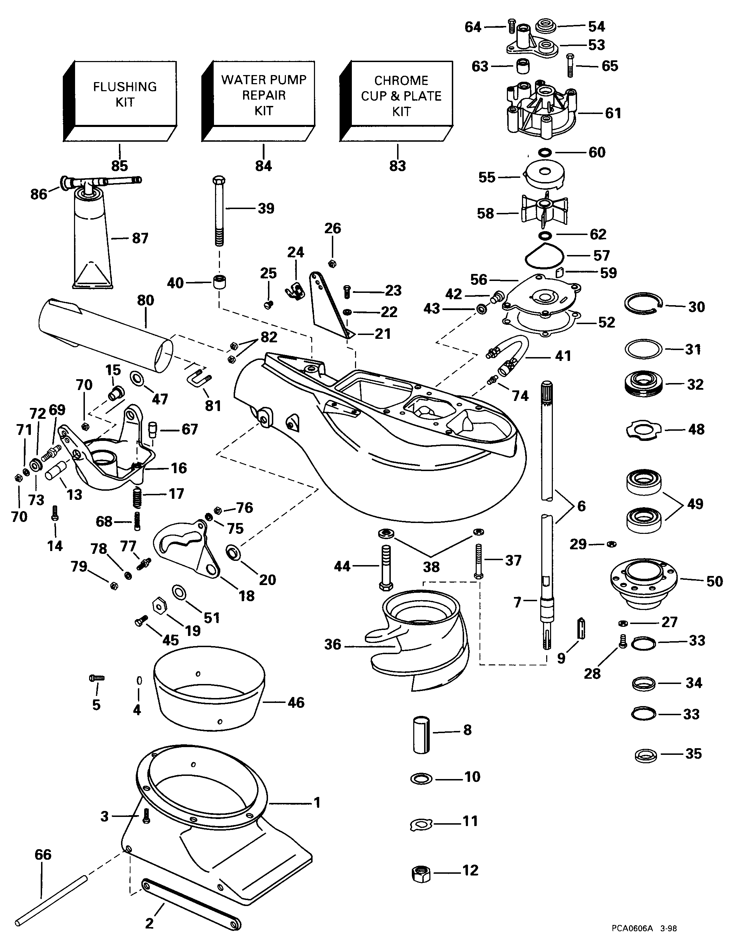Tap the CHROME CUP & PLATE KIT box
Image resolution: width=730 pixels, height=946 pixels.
[x=401, y=96]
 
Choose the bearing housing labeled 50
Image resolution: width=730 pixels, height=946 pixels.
[x=644, y=580]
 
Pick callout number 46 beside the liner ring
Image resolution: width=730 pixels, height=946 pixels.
[x=296, y=703]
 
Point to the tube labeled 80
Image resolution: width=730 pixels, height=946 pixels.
[x=104, y=334]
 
